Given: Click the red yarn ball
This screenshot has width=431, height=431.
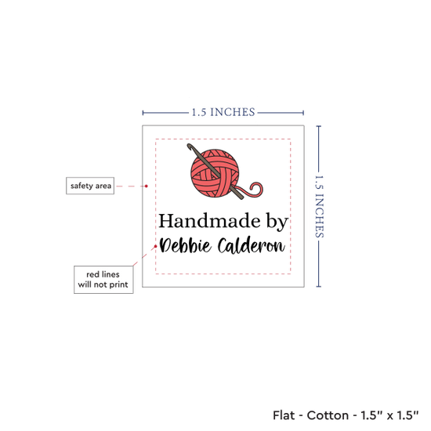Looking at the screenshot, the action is click(x=215, y=173).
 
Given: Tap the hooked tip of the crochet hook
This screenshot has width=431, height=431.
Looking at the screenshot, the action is click(x=189, y=146).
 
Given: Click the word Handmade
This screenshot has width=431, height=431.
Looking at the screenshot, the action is click(x=209, y=221).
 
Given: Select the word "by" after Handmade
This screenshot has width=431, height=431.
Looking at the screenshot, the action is click(x=277, y=222).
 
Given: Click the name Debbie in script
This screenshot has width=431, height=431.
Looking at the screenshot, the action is click(x=186, y=245).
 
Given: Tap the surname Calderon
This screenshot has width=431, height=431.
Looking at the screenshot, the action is click(x=252, y=245).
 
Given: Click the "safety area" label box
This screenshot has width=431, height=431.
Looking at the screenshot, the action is click(x=90, y=186).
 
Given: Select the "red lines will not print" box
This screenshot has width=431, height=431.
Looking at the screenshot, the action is click(x=103, y=280).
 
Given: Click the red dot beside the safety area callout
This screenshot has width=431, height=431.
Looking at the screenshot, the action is click(x=147, y=186).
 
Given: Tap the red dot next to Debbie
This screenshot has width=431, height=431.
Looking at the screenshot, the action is click(x=156, y=246).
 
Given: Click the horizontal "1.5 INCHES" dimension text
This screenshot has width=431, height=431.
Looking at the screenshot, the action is click(x=223, y=112).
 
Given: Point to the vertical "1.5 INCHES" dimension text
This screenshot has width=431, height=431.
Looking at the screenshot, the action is click(x=319, y=206).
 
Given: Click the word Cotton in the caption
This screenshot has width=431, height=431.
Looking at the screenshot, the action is click(x=328, y=415).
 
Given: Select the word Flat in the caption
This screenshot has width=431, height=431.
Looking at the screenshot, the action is click(x=284, y=415).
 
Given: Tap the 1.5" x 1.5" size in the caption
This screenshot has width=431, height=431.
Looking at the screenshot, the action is click(x=390, y=415).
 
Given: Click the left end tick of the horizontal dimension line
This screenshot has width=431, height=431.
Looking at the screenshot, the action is click(x=143, y=113).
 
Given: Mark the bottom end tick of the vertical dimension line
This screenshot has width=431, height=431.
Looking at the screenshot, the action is click(x=319, y=287).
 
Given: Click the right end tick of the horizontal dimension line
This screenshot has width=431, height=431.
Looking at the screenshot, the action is click(x=303, y=113).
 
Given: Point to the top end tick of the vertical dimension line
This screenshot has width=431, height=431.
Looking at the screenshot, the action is click(x=319, y=126).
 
